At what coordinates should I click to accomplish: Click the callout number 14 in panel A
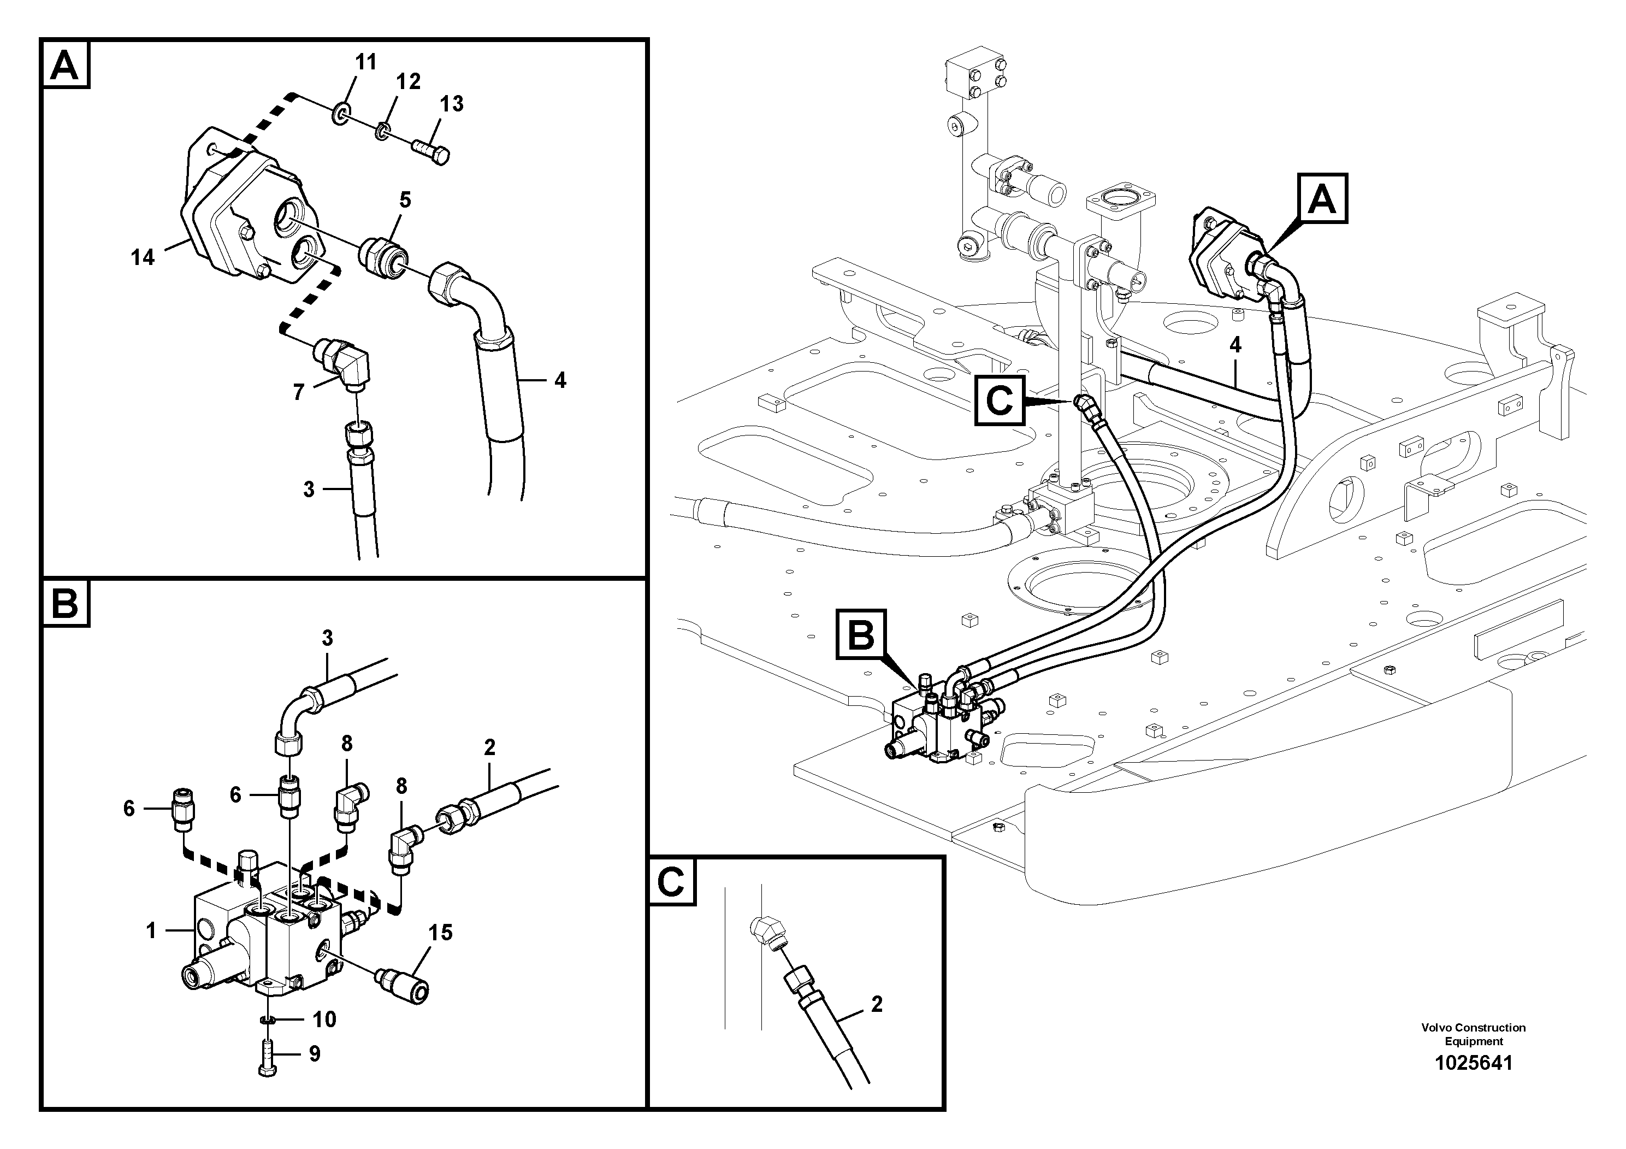point(143,257)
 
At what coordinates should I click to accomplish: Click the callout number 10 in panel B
point(324,1020)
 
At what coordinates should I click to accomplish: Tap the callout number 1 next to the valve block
point(151,930)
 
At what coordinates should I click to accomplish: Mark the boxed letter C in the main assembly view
point(1000,401)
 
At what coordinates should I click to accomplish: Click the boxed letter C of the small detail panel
point(671,881)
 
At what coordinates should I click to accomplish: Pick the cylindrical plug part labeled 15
point(404,985)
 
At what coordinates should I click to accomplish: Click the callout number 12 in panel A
point(408,81)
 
